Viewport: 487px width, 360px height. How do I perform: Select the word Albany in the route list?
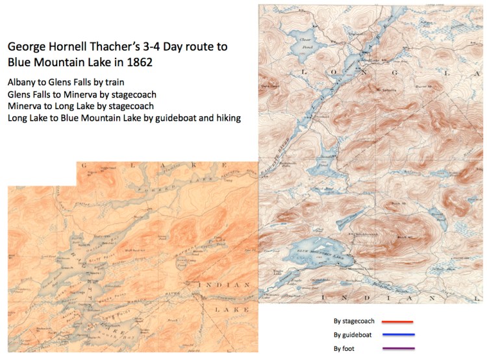22,83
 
